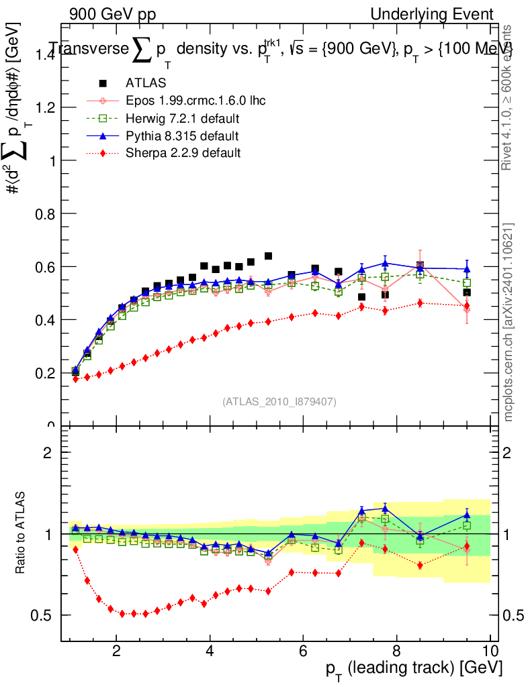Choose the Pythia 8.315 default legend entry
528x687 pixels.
click(x=182, y=136)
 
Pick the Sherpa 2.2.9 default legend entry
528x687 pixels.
click(x=183, y=153)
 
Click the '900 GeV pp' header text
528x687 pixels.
click(x=112, y=14)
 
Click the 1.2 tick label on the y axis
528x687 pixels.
click(x=44, y=107)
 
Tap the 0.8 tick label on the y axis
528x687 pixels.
click(x=44, y=213)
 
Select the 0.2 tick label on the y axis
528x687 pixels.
click(x=44, y=372)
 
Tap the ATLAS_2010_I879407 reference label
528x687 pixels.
click(x=279, y=401)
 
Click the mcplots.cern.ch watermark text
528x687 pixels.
click(x=509, y=322)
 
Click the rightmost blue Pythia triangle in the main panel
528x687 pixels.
click(x=467, y=269)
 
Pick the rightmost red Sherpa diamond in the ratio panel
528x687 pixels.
click(x=467, y=546)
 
